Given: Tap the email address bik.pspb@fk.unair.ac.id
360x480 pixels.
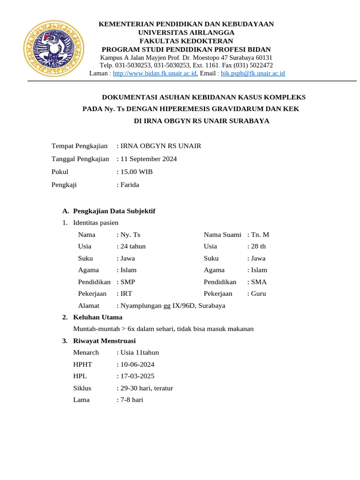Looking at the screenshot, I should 253,74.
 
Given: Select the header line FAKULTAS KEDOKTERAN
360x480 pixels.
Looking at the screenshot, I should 186,41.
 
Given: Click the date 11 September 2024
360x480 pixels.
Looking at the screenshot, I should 148,159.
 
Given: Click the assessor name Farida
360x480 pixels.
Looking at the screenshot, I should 129,185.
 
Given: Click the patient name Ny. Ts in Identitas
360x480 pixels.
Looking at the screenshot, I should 130,234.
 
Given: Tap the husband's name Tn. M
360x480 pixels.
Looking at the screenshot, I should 260,234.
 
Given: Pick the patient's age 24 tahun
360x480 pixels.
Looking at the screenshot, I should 133,247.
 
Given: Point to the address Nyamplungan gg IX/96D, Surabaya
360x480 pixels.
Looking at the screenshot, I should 172,306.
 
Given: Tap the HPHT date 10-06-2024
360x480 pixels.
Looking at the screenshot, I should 137,365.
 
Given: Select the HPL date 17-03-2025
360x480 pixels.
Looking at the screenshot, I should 137,376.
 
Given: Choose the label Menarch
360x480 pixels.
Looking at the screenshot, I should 86,352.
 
